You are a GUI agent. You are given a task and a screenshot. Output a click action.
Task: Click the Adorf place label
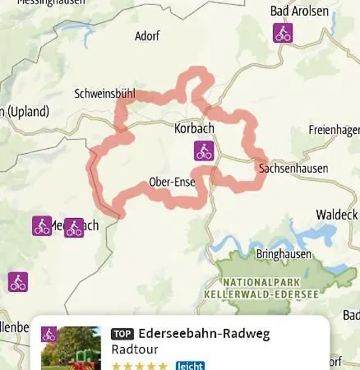148,36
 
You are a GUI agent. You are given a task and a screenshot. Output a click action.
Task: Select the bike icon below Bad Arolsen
283,34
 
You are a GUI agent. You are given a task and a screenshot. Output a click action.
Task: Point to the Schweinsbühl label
104,94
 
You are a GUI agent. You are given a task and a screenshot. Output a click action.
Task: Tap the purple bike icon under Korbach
203,150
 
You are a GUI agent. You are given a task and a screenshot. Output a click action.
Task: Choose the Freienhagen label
334,131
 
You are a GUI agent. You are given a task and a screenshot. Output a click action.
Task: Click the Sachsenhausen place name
293,169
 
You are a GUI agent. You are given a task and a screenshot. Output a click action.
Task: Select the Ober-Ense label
172,182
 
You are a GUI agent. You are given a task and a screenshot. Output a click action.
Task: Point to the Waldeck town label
337,215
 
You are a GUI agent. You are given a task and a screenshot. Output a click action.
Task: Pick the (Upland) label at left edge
25,111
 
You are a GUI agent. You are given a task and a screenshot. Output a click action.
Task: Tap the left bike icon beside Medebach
42,225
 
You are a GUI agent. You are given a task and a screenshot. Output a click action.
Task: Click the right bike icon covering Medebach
74,228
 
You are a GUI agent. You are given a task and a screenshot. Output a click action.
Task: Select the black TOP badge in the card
122,335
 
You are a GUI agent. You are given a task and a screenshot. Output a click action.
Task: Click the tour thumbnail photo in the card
72,349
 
